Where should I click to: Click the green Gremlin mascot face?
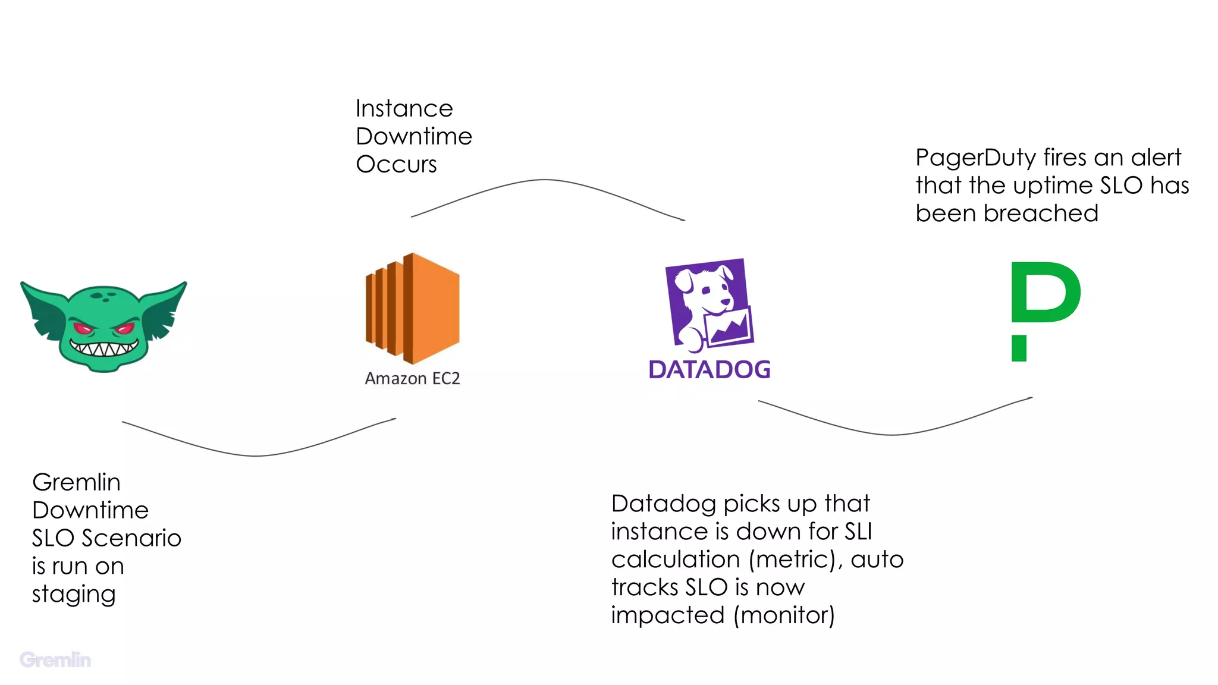pyautogui.click(x=104, y=327)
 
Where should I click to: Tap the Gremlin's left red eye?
pyautogui.click(x=84, y=328)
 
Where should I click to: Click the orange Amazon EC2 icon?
pyautogui.click(x=412, y=308)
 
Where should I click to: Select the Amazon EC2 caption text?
pyautogui.click(x=412, y=379)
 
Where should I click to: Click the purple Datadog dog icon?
pyautogui.click(x=709, y=303)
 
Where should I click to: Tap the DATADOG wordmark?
pyautogui.click(x=710, y=370)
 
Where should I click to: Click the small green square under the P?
pyautogui.click(x=1019, y=348)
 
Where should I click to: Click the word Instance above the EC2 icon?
pyautogui.click(x=404, y=109)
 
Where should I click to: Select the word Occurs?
pyautogui.click(x=396, y=165)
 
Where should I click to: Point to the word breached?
pyautogui.click(x=1040, y=213)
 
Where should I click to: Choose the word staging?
pyautogui.click(x=74, y=595)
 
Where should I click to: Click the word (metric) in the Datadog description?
pyautogui.click(x=793, y=560)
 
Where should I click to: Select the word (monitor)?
pyautogui.click(x=784, y=615)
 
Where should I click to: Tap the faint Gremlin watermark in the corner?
pyautogui.click(x=55, y=660)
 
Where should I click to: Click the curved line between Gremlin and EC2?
pyautogui.click(x=257, y=455)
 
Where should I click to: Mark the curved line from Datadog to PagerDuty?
pyautogui.click(x=892, y=435)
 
